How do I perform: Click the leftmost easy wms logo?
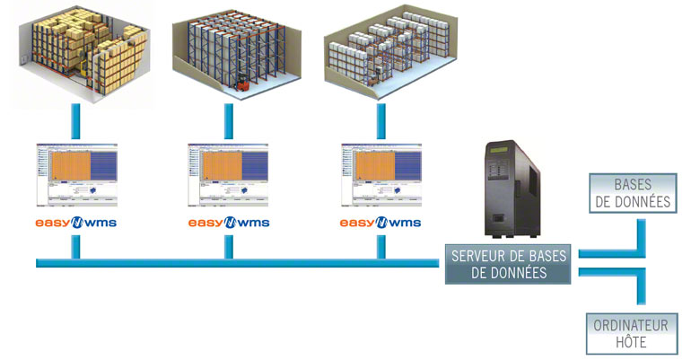click(x=76, y=222)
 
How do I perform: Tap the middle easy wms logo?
click(x=229, y=222)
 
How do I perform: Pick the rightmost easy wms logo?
click(x=381, y=222)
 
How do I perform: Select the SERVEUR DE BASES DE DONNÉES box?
click(x=508, y=264)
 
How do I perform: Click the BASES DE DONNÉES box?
click(x=631, y=192)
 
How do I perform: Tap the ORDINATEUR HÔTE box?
click(x=631, y=333)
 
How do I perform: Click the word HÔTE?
click(x=631, y=342)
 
